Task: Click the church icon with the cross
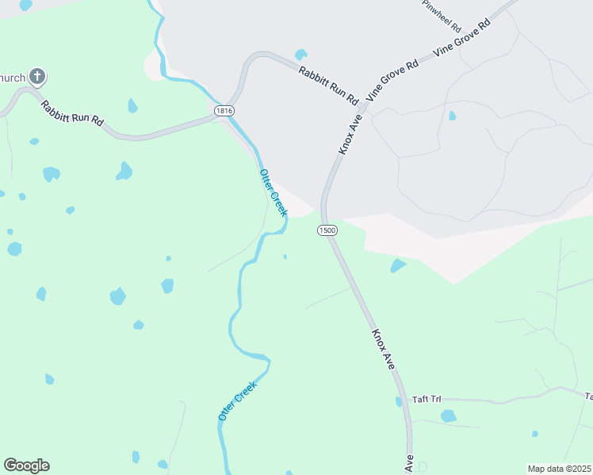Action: tap(36, 77)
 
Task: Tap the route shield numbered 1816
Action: tap(224, 112)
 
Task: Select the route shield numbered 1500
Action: tap(327, 230)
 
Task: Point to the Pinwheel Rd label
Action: tap(442, 9)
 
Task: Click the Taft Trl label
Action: tap(426, 399)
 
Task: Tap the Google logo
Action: tap(26, 465)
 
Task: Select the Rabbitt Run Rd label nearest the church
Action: tap(72, 112)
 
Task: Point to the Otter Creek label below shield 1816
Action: tap(273, 192)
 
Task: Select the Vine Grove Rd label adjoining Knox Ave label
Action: tap(391, 80)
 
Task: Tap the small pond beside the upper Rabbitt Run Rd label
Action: tap(300, 55)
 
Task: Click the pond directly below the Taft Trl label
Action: tap(448, 416)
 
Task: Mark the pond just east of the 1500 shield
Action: tap(398, 266)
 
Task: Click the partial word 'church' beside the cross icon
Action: tap(12, 78)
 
